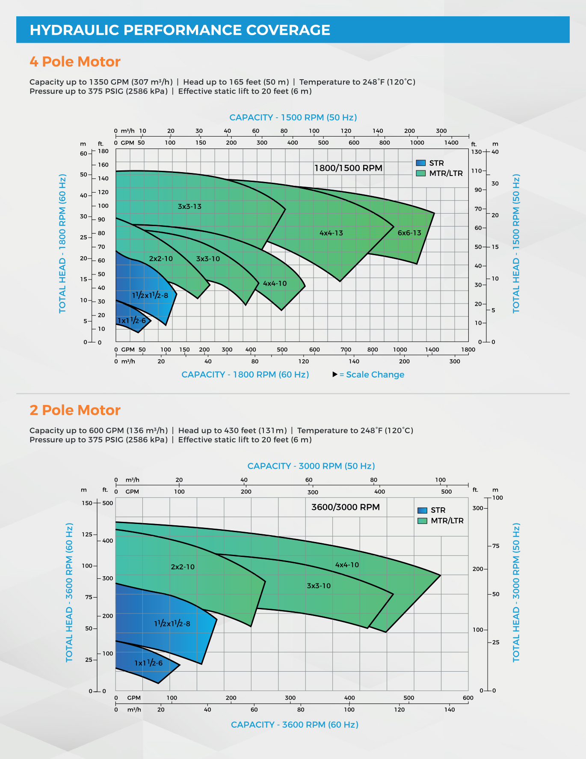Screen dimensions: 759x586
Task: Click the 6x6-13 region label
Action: (409, 233)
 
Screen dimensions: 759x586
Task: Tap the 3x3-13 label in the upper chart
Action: (189, 206)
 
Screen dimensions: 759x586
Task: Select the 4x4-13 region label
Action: (331, 233)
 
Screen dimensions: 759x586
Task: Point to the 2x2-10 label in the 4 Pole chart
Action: (161, 259)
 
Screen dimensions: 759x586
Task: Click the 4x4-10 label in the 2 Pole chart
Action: (347, 565)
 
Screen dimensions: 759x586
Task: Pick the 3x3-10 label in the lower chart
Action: (319, 586)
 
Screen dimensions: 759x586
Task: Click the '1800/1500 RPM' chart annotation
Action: (348, 168)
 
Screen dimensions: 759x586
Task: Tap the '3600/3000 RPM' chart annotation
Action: (346, 507)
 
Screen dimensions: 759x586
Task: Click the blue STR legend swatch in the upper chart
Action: (421, 163)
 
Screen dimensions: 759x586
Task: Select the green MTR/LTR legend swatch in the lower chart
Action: (422, 521)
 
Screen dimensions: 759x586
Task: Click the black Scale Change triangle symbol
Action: (335, 375)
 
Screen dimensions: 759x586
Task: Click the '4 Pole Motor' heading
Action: (75, 62)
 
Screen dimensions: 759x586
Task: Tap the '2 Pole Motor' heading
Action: (75, 410)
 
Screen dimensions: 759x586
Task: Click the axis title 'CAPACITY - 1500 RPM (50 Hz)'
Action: (293, 117)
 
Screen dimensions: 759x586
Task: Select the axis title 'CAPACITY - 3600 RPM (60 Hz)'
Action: (294, 725)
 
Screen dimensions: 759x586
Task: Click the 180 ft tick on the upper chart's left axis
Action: (104, 151)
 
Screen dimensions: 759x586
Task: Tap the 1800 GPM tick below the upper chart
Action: (468, 349)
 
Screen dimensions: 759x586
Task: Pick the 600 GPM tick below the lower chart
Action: (468, 698)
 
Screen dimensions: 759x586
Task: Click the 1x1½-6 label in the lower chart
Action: (148, 663)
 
